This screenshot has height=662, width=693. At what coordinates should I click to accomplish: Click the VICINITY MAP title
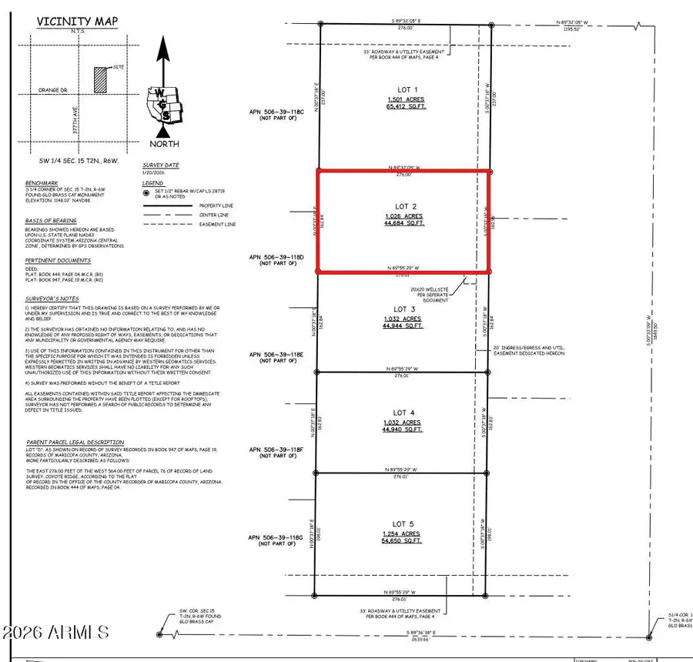pyautogui.click(x=69, y=22)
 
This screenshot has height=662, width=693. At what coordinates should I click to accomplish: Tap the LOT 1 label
pyautogui.click(x=405, y=89)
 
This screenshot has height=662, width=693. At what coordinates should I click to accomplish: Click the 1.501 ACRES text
pyautogui.click(x=405, y=100)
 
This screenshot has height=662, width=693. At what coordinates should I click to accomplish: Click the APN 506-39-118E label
pyautogui.click(x=276, y=354)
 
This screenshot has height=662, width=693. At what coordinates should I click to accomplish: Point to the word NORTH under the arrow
pyautogui.click(x=164, y=144)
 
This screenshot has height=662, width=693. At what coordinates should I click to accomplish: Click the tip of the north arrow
pyautogui.click(x=162, y=40)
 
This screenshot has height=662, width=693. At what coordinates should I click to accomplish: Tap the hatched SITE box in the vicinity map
pyautogui.click(x=99, y=77)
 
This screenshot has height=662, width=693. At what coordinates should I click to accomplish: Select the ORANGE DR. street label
pyautogui.click(x=53, y=91)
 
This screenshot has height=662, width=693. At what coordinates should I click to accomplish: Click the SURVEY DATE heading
pyautogui.click(x=160, y=165)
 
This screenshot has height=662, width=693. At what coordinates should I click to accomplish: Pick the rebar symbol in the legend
pyautogui.click(x=146, y=193)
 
